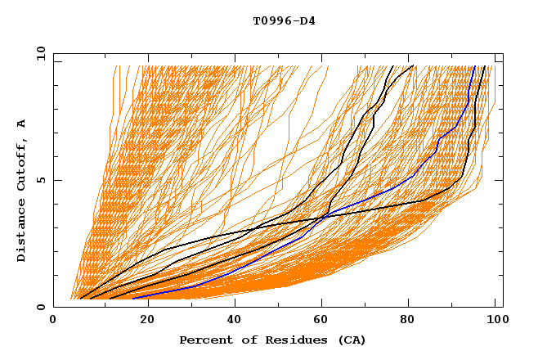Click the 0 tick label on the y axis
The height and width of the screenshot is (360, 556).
click(41, 307)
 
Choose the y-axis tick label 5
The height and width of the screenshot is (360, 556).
click(41, 180)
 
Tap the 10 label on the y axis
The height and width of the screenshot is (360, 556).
click(38, 53)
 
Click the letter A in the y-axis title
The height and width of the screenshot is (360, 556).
click(21, 123)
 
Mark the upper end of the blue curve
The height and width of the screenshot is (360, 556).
click(475, 66)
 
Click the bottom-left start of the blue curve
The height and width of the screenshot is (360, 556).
click(132, 299)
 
